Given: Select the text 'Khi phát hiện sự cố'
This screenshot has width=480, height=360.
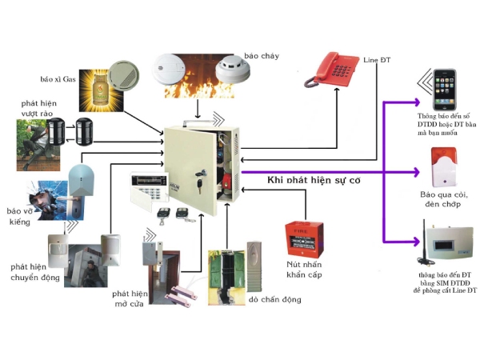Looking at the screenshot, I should pyautogui.click(x=314, y=182).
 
